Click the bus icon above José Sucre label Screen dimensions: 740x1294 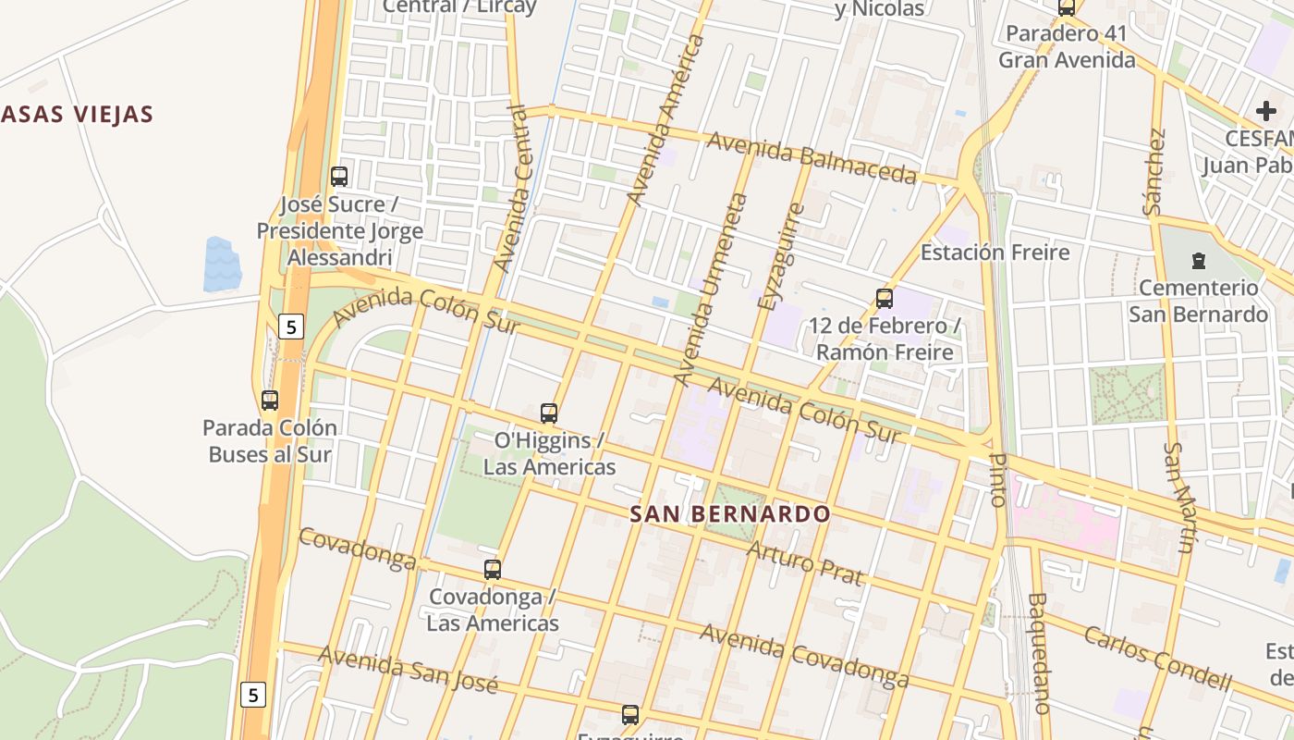coord(339,176)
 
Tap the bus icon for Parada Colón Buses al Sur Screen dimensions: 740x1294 coord(270,401)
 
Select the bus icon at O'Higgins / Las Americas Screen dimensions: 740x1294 coord(549,413)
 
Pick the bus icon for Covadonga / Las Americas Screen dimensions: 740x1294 coord(493,570)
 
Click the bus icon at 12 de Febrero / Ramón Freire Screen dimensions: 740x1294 coord(885,299)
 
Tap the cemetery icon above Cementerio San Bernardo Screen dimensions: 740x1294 coord(1199,261)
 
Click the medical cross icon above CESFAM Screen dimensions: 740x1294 coord(1265,112)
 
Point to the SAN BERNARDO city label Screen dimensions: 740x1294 coord(729,514)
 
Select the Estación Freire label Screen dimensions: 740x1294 coord(995,253)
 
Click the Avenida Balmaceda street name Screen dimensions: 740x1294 coord(812,158)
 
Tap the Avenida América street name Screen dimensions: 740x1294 coord(665,120)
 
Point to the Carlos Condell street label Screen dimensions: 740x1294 coord(1157,659)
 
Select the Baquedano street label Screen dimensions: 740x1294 coord(1038,653)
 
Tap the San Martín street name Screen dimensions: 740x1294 coord(1178,498)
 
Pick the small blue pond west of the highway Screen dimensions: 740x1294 coord(222,264)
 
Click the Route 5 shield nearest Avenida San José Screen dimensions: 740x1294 coord(253,694)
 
